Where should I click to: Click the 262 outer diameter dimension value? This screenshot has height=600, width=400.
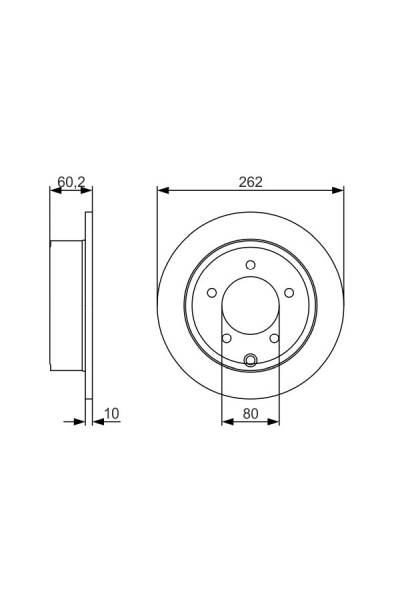[250, 181]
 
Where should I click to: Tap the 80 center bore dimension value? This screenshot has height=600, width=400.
[250, 411]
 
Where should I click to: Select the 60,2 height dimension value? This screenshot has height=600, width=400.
[70, 181]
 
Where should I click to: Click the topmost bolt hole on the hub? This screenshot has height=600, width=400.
[250, 264]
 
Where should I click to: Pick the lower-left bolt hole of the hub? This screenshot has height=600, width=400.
[227, 337]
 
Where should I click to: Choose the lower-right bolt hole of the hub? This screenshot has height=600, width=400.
[273, 337]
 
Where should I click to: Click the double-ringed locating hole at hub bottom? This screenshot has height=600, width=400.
[250, 361]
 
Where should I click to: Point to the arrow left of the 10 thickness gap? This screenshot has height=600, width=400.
[79, 421]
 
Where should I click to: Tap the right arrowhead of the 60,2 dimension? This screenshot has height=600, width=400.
[87, 190]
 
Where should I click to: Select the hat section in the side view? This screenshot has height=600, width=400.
[67, 305]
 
